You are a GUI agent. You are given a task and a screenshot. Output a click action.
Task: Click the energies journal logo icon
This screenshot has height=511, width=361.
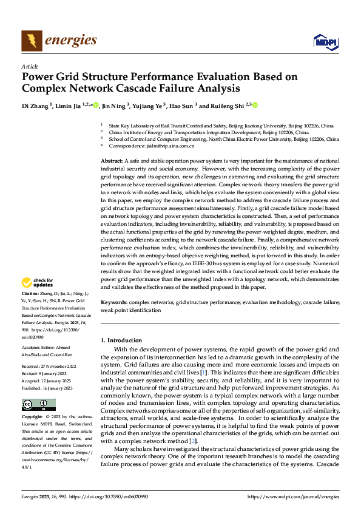tap(32, 41)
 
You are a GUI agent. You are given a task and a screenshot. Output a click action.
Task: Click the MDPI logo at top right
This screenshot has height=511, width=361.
tap(325, 41)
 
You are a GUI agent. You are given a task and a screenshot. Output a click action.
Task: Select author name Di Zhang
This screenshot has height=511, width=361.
tap(36, 106)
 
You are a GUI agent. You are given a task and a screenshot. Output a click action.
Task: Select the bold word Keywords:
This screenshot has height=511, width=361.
tap(114, 302)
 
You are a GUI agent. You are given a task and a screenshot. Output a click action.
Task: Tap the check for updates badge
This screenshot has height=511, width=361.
tap(38, 282)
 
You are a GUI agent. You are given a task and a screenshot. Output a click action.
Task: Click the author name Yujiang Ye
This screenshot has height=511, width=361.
tap(149, 106)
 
